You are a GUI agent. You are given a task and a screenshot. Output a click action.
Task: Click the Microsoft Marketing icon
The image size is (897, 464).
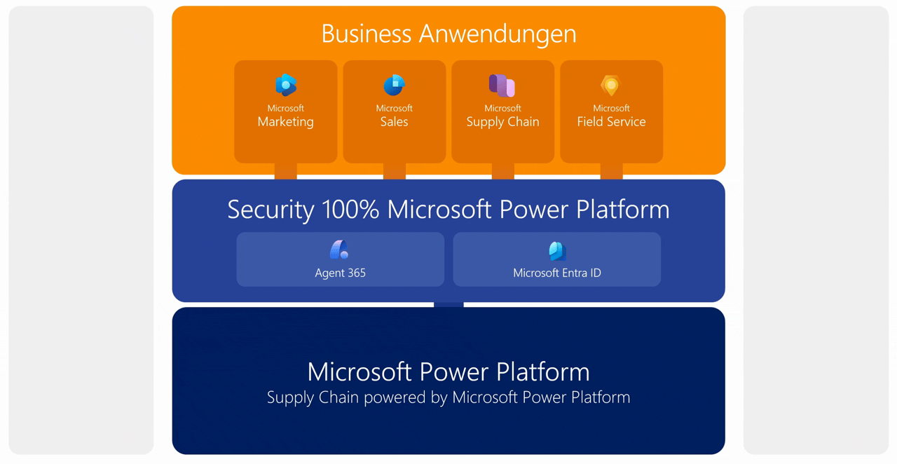tap(286, 86)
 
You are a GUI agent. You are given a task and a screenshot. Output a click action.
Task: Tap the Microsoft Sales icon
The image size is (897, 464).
tap(394, 86)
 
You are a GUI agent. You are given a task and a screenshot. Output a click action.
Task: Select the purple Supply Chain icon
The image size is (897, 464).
tap(502, 86)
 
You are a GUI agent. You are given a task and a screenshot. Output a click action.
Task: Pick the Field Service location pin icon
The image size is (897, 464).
tap(611, 86)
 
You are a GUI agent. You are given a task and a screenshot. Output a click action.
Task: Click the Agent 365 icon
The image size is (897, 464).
tap(340, 250)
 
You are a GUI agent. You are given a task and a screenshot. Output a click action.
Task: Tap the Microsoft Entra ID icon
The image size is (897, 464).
tap(557, 250)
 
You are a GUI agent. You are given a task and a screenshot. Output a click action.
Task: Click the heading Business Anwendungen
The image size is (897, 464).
tap(448, 34)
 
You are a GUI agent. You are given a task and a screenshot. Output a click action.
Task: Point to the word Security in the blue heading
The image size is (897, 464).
tap(271, 210)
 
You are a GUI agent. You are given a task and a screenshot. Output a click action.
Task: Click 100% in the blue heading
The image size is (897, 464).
tap(350, 210)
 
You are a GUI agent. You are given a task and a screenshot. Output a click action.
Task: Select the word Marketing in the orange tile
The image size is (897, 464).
tap(286, 122)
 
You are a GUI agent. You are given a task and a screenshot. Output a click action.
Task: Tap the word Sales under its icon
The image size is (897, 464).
tap(394, 122)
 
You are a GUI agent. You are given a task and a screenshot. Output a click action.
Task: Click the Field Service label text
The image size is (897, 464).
tap(611, 122)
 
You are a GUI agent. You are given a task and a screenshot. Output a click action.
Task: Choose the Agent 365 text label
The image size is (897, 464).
tap(340, 273)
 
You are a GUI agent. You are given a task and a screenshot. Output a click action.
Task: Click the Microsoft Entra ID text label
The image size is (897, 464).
tap(557, 273)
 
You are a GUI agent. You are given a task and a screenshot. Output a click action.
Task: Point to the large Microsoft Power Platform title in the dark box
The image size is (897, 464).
tap(448, 371)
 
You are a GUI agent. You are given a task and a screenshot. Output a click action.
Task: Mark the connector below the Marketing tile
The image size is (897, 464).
tap(286, 172)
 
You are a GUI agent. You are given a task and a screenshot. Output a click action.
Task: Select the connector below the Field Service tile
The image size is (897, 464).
tap(611, 172)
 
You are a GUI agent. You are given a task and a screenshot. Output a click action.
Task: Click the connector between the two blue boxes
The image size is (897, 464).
tap(448, 305)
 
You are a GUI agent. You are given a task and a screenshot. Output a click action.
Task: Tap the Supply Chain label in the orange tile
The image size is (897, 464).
tap(502, 122)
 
